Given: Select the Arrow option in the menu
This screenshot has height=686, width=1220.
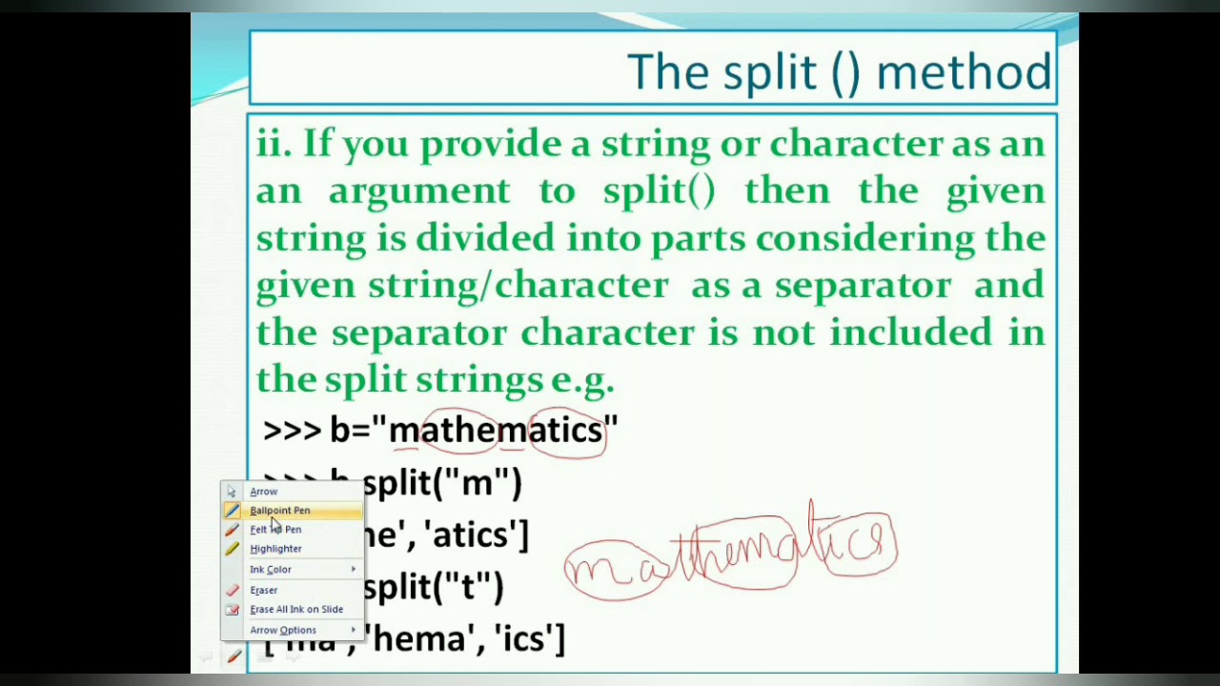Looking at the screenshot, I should pyautogui.click(x=263, y=492).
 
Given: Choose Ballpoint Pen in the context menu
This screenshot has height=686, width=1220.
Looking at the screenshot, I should pyautogui.click(x=279, y=511).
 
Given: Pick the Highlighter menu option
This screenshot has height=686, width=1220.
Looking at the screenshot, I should pyautogui.click(x=275, y=549).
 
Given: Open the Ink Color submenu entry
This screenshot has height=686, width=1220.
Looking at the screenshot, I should pyautogui.click(x=271, y=570).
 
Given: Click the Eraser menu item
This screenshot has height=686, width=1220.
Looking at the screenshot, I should pyautogui.click(x=263, y=591).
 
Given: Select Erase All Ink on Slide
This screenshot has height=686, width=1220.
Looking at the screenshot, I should pyautogui.click(x=295, y=610).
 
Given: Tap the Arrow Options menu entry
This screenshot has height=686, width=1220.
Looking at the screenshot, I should pyautogui.click(x=282, y=631).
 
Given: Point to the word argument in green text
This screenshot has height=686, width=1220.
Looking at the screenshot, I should pyautogui.click(x=419, y=192).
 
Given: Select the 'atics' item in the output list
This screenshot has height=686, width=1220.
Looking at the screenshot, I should pyautogui.click(x=476, y=535).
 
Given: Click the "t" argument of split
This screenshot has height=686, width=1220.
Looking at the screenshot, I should pyautogui.click(x=468, y=588).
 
